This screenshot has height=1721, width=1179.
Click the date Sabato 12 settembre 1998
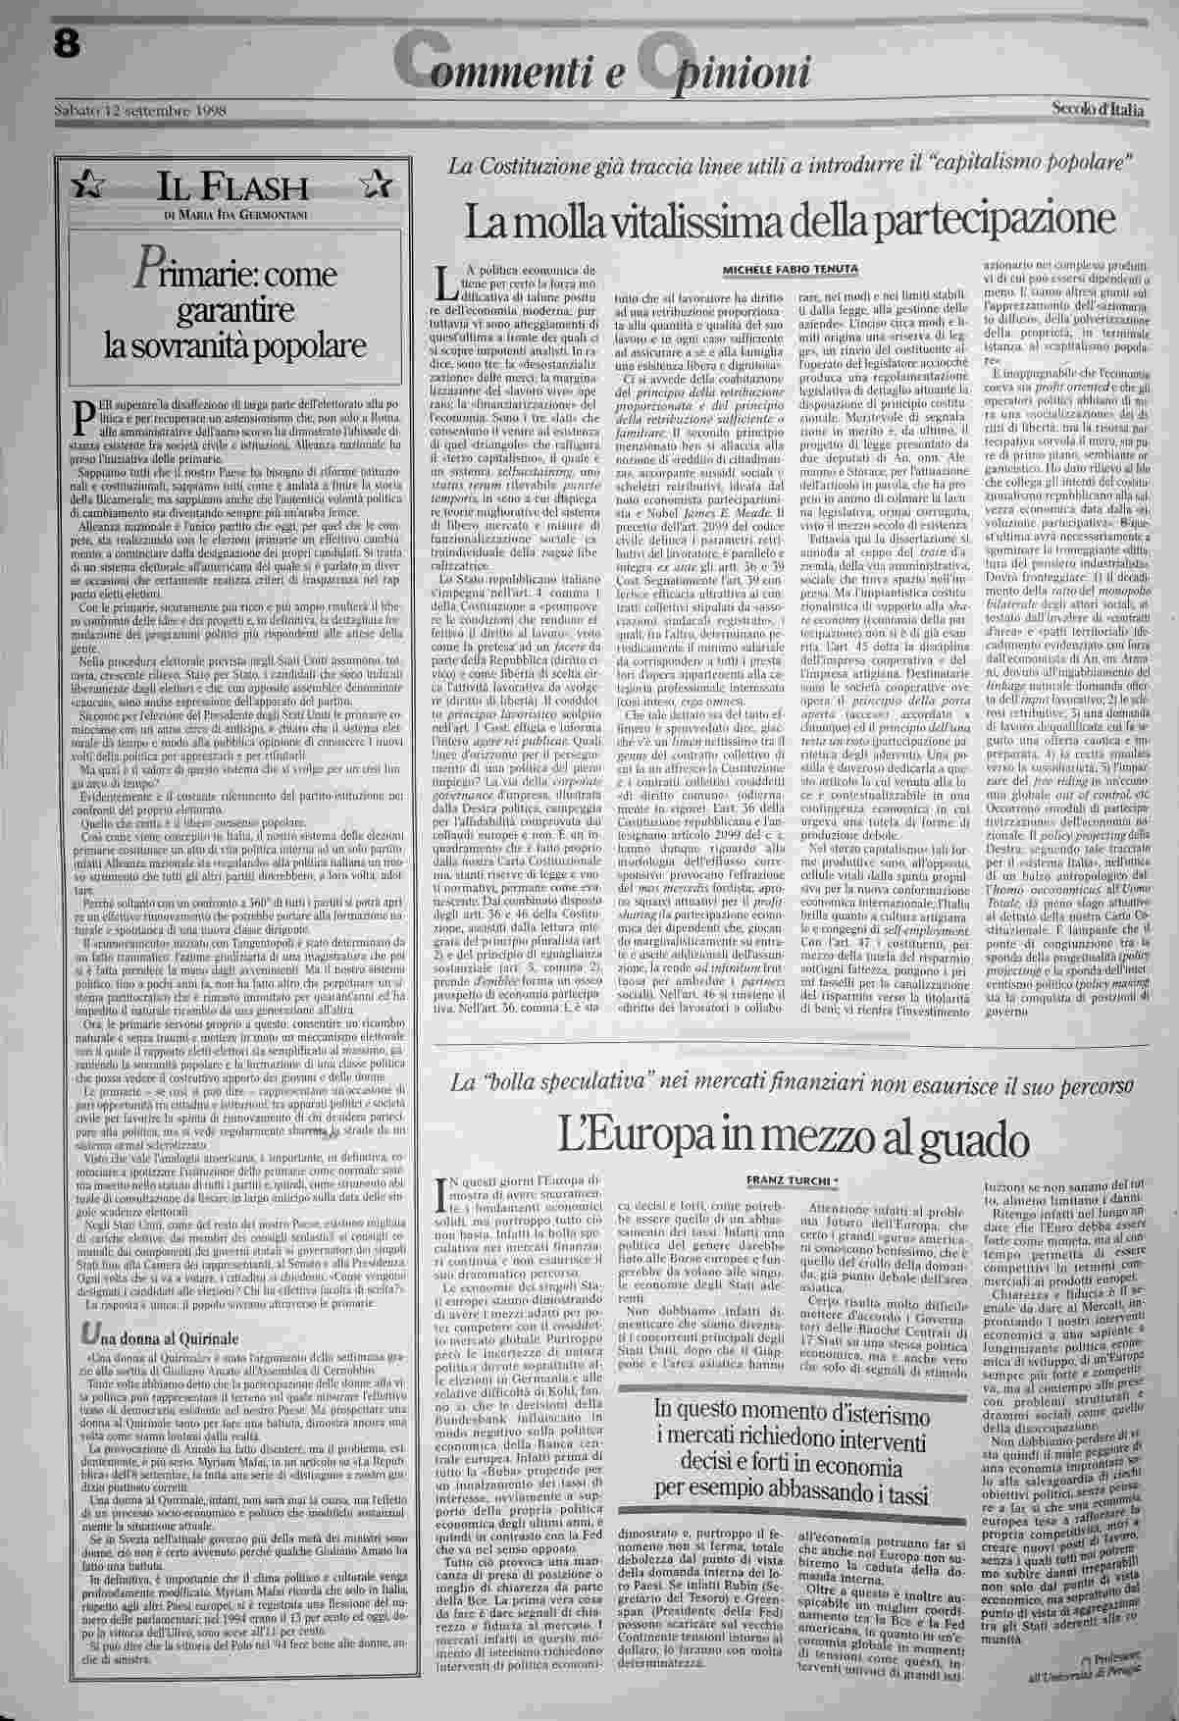pos(140,111)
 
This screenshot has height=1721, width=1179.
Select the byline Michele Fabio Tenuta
pos(791,269)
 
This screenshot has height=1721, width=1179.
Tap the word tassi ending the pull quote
pos(901,1493)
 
